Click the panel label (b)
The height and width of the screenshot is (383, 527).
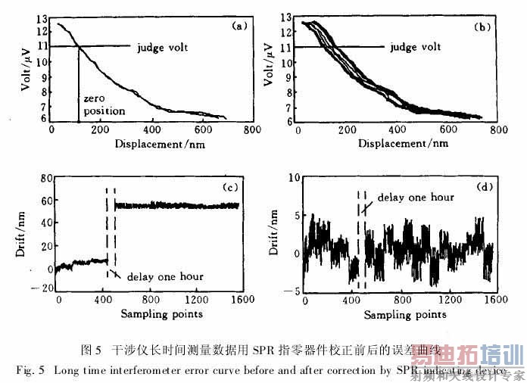pyautogui.click(x=481, y=26)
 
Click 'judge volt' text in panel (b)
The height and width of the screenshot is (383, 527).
pyautogui.click(x=416, y=47)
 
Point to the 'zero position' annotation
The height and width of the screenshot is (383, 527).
pyautogui.click(x=104, y=105)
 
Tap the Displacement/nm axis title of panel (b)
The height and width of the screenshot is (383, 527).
pyautogui.click(x=395, y=143)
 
